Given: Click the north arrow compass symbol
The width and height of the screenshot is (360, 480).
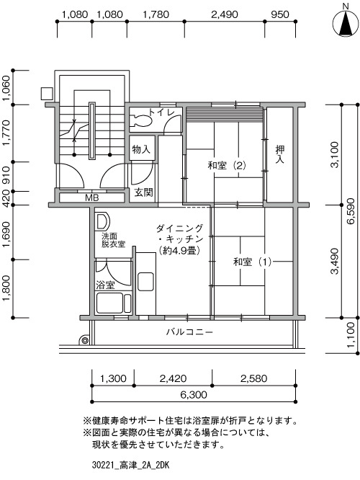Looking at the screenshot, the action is pyautogui.click(x=346, y=22).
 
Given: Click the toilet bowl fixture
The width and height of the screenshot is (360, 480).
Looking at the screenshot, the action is pyautogui.click(x=141, y=120).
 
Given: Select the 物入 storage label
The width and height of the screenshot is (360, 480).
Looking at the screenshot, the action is pyautogui.click(x=141, y=150).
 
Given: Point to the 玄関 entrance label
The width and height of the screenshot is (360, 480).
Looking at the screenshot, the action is pyautogui.click(x=143, y=192).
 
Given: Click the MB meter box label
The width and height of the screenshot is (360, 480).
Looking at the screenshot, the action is pyautogui.click(x=91, y=197).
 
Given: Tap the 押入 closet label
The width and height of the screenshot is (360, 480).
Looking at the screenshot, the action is pyautogui.click(x=280, y=154).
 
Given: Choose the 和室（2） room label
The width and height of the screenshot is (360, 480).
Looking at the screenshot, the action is pyautogui.click(x=227, y=166).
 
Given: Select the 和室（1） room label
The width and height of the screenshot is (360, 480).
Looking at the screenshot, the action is pyautogui.click(x=252, y=262).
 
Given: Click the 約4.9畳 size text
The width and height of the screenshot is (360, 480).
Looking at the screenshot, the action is pyautogui.click(x=180, y=251).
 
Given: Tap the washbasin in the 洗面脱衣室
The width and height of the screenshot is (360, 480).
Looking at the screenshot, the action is pyautogui.click(x=102, y=221).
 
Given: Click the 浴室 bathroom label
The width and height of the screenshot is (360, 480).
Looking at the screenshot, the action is pyautogui.click(x=106, y=285).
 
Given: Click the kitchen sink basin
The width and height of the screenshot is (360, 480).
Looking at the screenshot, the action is pyautogui.click(x=145, y=282).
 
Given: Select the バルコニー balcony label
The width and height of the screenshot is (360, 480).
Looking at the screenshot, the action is pyautogui.click(x=189, y=332).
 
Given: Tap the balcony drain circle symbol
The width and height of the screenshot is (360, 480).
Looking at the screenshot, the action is pyautogui.click(x=84, y=340).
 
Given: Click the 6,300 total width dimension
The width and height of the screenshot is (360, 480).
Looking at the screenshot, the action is pyautogui.click(x=194, y=394).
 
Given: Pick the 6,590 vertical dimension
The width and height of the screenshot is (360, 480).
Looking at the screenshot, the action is pyautogui.click(x=351, y=211).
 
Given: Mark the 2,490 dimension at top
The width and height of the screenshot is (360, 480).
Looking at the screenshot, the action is pyautogui.click(x=225, y=14).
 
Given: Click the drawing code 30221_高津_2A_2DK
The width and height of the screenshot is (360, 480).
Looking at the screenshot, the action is pyautogui.click(x=130, y=466).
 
